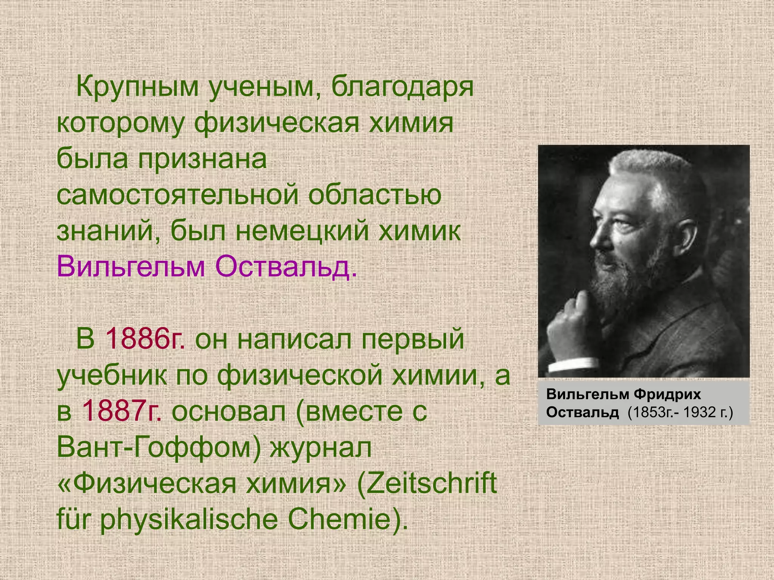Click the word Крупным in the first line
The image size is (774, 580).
[138, 88]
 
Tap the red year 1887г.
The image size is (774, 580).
[121, 410]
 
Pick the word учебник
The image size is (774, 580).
[112, 375]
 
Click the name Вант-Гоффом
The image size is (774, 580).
[159, 447]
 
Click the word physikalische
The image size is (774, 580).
[189, 519]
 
